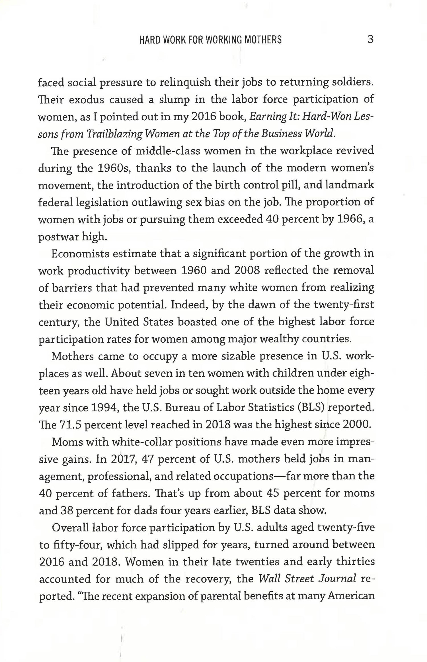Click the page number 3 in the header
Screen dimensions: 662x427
pos(370,39)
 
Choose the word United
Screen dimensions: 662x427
pos(121,322)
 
